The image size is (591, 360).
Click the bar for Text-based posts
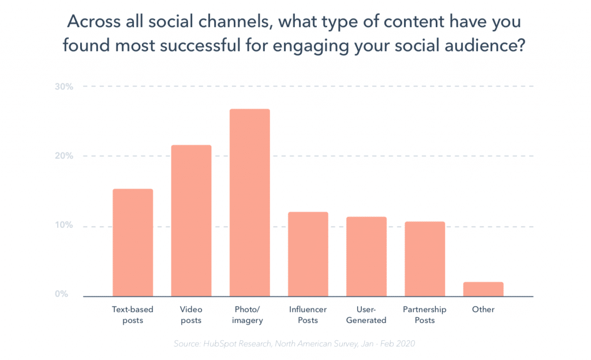pos(133,242)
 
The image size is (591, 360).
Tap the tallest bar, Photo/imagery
pos(249,202)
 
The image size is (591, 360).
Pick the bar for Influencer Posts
pos(308,254)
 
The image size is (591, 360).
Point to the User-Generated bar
pos(366,256)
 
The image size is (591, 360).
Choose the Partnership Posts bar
pos(425,258)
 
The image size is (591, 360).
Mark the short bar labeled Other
pos(483,289)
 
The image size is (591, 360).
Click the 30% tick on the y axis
pos(63,87)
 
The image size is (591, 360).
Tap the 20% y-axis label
pos(63,156)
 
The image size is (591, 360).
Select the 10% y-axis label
pos(63,226)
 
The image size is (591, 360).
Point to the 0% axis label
pos(62,294)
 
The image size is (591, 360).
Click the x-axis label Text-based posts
pos(133,314)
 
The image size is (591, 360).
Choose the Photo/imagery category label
pos(249,314)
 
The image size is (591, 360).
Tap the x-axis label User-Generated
pos(366,314)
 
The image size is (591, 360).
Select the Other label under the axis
pos(483,309)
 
